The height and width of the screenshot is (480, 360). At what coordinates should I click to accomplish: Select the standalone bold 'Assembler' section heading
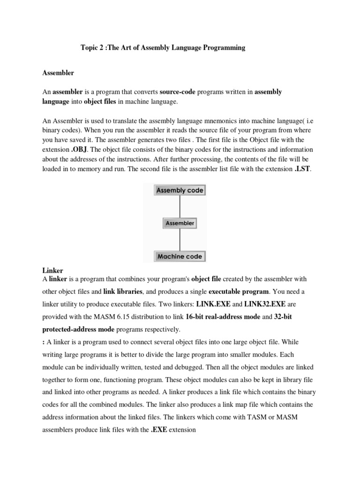click(x=58, y=73)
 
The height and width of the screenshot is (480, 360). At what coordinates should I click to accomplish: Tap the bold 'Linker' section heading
click(x=52, y=271)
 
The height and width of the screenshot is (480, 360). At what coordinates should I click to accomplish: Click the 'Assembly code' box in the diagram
click(x=180, y=190)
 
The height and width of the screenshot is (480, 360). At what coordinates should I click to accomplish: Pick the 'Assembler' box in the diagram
click(x=180, y=223)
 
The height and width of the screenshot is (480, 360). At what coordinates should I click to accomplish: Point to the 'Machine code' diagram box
click(x=180, y=256)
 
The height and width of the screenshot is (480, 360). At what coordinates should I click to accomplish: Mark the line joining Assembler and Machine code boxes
click(x=180, y=240)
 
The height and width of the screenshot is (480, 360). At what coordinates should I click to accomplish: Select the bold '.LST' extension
click(x=302, y=169)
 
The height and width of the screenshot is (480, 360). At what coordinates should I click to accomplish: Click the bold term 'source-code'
click(x=178, y=92)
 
